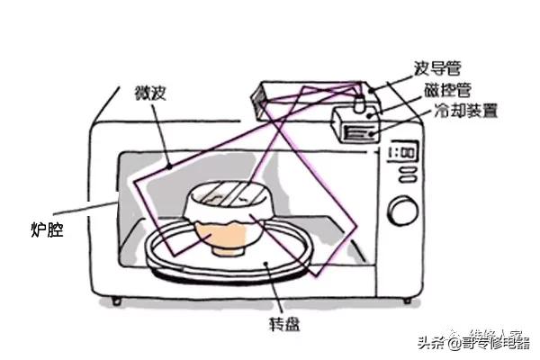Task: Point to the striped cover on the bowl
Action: click(x=225, y=194)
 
